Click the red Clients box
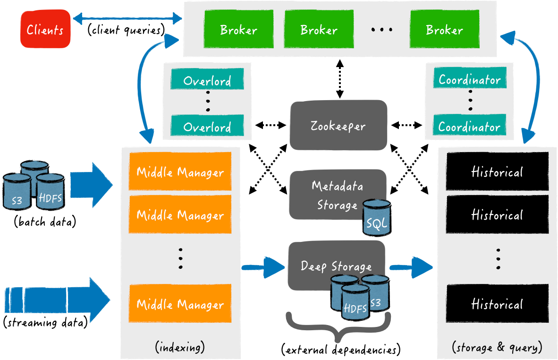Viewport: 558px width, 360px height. click(45, 30)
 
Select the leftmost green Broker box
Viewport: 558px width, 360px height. click(238, 30)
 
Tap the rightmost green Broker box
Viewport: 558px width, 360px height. click(444, 30)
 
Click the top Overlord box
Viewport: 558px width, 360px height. click(207, 80)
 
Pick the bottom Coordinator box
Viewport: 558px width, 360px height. click(469, 127)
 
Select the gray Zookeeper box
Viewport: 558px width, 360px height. click(338, 126)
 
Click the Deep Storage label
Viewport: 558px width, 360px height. click(336, 266)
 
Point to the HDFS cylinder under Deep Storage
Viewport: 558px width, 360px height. click(355, 302)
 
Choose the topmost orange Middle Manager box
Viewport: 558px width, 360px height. click(180, 171)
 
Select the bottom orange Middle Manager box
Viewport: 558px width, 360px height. click(180, 304)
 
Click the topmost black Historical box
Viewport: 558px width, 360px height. click(497, 171)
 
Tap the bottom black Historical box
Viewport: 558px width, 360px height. click(497, 304)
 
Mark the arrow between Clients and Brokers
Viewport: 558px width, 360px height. click(127, 19)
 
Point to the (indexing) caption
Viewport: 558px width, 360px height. click(180, 348)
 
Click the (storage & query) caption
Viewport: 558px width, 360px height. click(497, 348)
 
